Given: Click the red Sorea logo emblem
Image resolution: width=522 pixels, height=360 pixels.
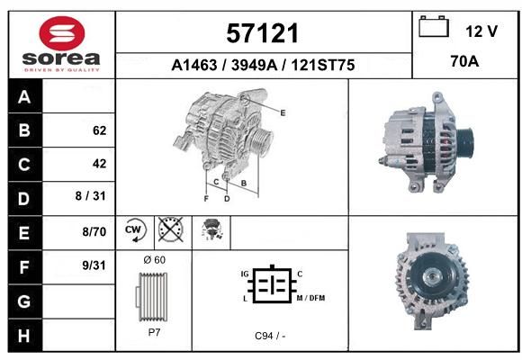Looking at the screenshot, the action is click(62, 33).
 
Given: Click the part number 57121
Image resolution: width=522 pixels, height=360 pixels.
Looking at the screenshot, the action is click(262, 33).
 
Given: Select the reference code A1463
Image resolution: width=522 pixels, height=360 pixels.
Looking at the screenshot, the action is click(193, 65).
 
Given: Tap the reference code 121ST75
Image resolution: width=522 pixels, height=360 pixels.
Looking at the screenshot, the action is click(323, 65).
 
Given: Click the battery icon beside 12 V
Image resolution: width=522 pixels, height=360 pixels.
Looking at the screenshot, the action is click(434, 27).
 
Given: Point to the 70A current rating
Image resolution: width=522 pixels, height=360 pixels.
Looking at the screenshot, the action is click(464, 61).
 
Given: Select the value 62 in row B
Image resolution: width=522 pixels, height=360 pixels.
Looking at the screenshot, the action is click(100, 130).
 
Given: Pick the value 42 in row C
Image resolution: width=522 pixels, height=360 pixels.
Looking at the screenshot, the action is click(100, 164).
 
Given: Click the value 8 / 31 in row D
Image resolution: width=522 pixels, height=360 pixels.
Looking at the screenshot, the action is click(91, 196).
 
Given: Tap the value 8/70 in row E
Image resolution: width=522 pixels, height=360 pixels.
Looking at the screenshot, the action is click(94, 231).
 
